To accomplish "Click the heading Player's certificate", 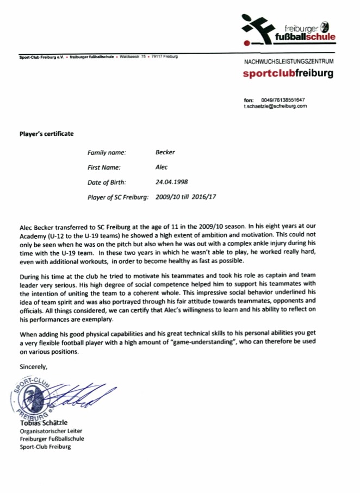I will pos(46,134).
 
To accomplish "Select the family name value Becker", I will pos(165,152).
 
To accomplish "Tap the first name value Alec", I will pos(162,167).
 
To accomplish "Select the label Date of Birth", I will pos(107,182).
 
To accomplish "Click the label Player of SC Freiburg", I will pos(117,197).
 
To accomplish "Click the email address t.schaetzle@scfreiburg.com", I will pos(275,106).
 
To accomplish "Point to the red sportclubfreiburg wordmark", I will pos(288,73).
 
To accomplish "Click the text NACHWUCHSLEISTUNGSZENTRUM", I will pos(289,62).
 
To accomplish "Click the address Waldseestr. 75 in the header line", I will pos(133,57).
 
